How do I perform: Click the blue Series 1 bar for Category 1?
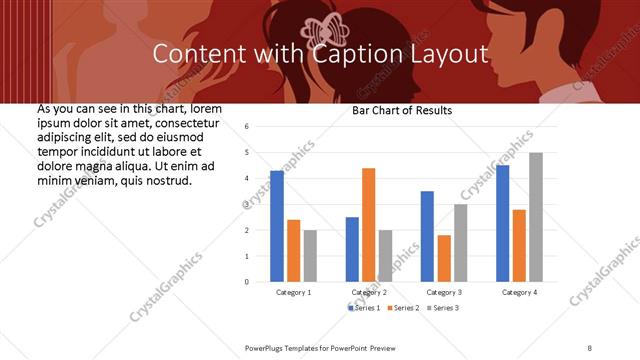click(x=277, y=226)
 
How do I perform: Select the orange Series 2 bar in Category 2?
click(x=368, y=225)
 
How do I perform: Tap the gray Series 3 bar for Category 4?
click(x=536, y=217)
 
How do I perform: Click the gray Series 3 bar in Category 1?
click(x=310, y=256)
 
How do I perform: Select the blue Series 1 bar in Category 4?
click(x=502, y=223)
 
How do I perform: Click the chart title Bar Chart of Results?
click(x=402, y=110)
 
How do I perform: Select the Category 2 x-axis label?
click(x=369, y=292)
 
